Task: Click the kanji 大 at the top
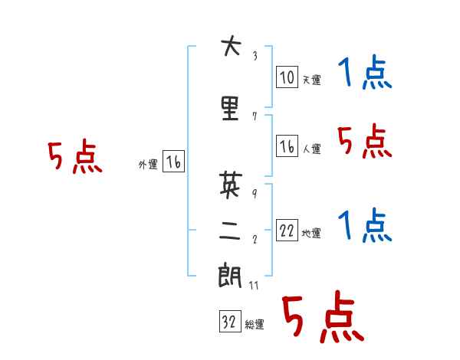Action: point(232,45)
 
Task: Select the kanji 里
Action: point(230,108)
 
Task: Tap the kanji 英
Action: point(231,184)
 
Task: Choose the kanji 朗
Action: point(230,276)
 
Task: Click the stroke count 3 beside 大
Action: point(255,56)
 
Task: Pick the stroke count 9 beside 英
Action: point(255,194)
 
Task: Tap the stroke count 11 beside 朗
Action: point(254,285)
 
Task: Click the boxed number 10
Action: point(287,77)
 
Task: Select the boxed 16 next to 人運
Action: point(287,146)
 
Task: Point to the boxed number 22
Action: point(287,230)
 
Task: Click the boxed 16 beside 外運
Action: point(173,161)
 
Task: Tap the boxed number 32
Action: point(230,321)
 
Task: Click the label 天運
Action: point(312,80)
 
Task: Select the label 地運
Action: point(311,233)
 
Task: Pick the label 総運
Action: point(255,324)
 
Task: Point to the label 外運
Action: point(148,164)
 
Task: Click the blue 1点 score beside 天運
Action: point(365,72)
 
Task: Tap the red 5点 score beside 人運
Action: point(365,141)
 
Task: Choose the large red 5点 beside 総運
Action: point(324,316)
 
